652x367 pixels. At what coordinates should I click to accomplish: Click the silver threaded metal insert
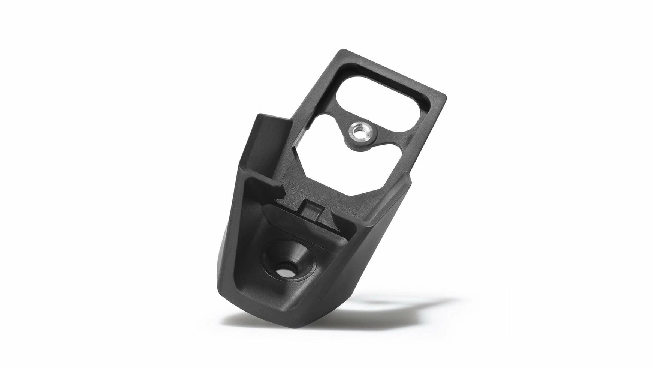pos(358,132)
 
